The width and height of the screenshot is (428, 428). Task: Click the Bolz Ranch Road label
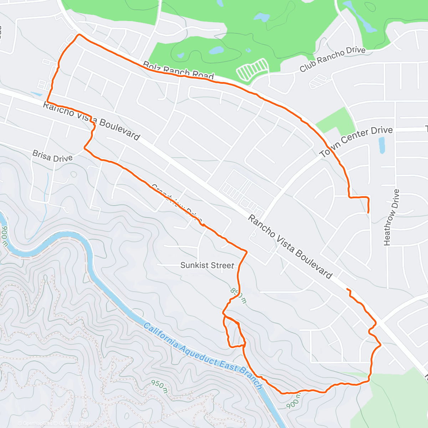click(x=178, y=71)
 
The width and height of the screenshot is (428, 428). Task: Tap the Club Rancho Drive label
click(x=332, y=59)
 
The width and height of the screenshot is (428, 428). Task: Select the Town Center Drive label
click(x=356, y=142)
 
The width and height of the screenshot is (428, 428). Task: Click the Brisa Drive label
click(x=52, y=156)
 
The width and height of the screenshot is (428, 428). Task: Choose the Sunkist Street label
click(x=207, y=265)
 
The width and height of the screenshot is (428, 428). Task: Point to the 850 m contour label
click(x=238, y=295)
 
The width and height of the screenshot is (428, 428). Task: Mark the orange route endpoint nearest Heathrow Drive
click(x=368, y=213)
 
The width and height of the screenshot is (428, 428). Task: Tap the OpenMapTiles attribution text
click(x=37, y=424)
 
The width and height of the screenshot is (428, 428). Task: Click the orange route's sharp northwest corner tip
click(x=78, y=35)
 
